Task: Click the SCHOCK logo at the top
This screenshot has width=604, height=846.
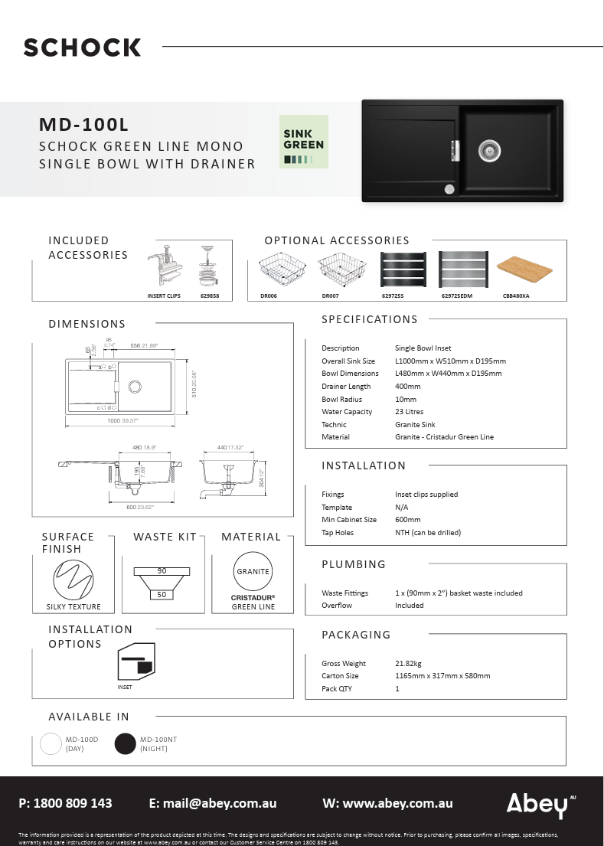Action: tap(82, 47)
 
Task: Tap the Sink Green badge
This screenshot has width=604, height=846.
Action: tap(304, 142)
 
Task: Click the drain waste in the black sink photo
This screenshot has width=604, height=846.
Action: tap(488, 151)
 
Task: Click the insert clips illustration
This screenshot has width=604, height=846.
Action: tap(165, 267)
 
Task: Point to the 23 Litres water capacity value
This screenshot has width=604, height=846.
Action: tap(409, 412)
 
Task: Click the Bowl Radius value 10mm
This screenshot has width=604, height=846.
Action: tap(406, 399)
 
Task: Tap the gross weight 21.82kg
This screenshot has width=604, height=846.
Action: tap(408, 664)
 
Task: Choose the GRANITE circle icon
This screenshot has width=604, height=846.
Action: tap(253, 571)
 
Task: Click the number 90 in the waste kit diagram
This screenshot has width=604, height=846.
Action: tap(162, 571)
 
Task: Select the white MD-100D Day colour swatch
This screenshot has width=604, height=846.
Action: tap(51, 743)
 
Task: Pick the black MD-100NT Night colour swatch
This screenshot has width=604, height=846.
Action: tap(125, 743)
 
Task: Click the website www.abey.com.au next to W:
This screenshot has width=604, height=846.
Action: tap(398, 803)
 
